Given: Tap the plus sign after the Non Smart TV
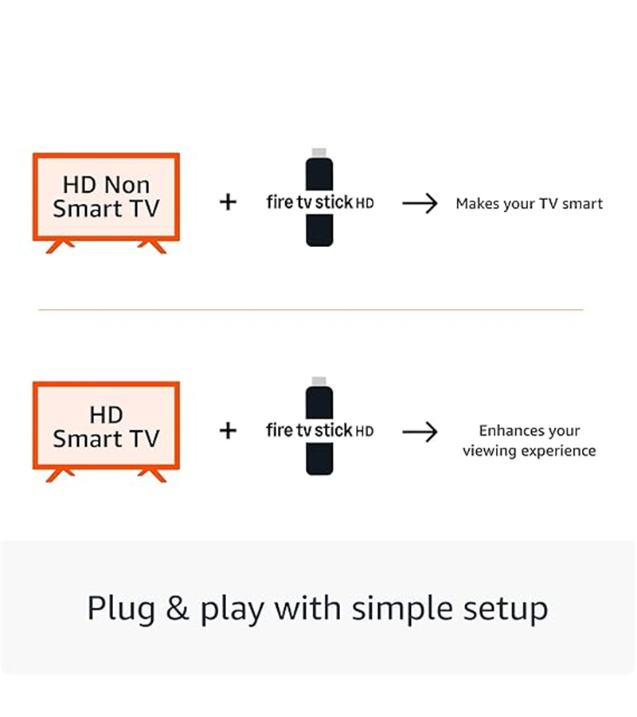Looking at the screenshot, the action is (228, 202).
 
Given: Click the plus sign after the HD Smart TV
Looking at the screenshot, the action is (228, 431).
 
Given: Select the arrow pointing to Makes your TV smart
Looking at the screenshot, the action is (420, 203).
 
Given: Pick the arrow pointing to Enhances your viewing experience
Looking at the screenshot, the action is (420, 432).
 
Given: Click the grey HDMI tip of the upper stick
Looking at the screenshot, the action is (319, 153).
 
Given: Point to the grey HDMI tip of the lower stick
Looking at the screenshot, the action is (319, 382).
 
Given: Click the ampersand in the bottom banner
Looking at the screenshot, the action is (178, 608).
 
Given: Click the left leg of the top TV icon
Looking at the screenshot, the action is (60, 246).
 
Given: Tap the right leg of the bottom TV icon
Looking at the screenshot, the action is (153, 475).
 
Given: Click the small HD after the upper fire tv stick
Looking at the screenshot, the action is (365, 203).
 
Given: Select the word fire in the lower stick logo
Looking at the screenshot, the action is (279, 430).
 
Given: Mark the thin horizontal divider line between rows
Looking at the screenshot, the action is (311, 310).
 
